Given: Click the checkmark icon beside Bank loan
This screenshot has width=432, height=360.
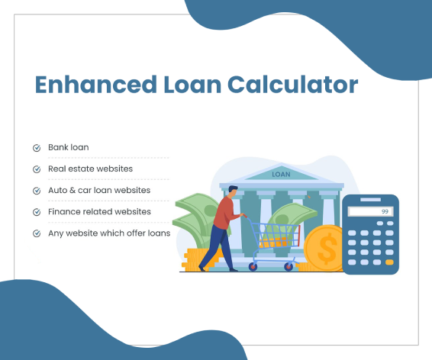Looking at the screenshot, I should pos(37,147).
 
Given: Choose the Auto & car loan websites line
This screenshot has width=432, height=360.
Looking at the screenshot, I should pos(100,190).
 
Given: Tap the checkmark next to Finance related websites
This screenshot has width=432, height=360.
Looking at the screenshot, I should pos(37,212).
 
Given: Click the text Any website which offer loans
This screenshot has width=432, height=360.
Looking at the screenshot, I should pos(109,233).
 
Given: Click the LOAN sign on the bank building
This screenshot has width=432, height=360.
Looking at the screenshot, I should pos(282,175).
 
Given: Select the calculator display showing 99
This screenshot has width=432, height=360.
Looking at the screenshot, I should pos(370,211).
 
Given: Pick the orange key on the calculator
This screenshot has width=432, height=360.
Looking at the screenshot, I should pos(390,262).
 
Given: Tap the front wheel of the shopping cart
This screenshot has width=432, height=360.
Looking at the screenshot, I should pos(289,267).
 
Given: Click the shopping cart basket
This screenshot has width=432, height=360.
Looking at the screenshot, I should pos(273,236).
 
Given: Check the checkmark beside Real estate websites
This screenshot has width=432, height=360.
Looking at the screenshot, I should pos(37,169).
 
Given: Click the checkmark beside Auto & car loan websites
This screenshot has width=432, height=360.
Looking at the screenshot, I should pos(37,190).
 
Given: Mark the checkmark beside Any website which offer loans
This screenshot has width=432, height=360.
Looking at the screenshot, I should pos(37,233).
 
